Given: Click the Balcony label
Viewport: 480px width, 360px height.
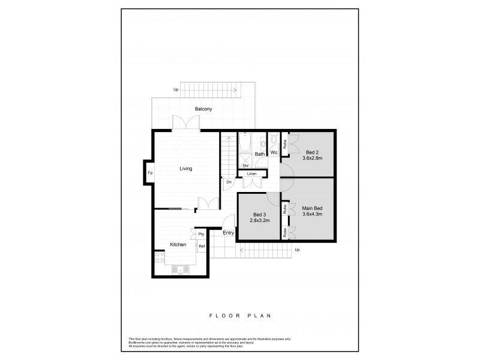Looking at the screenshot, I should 203,109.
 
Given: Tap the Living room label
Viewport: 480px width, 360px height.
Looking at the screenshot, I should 186,169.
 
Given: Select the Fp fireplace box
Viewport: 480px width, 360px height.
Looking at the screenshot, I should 150,173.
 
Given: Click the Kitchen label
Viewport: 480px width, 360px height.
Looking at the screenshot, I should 178,245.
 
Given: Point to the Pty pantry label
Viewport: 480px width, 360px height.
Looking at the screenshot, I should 202,234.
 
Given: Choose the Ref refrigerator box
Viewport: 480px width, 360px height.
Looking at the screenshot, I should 202,247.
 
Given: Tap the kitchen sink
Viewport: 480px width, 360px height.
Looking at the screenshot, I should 179,271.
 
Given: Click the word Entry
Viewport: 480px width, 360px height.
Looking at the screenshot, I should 228,233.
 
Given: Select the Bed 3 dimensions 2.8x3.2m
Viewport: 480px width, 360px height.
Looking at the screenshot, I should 260,220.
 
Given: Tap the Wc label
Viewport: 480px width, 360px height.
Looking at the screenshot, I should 273,153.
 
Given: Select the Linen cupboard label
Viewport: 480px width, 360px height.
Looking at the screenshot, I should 251,174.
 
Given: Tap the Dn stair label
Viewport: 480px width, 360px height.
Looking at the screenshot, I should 229,182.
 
